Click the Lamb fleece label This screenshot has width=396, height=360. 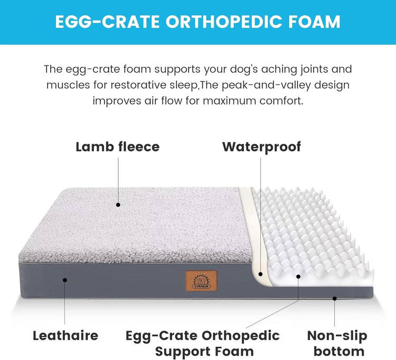(x=117, y=146)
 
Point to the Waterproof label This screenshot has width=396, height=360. (x=261, y=146)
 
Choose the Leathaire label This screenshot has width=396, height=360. (x=65, y=335)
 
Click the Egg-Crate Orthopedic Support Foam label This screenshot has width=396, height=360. (x=202, y=343)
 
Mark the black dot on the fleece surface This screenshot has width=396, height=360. (x=118, y=204)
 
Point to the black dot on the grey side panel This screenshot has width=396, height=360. (x=65, y=280)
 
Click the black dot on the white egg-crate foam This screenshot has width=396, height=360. (x=298, y=276)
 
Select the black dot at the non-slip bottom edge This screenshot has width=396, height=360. (x=335, y=298)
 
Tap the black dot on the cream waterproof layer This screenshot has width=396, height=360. (x=260, y=273)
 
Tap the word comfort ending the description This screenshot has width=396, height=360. (x=281, y=100)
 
